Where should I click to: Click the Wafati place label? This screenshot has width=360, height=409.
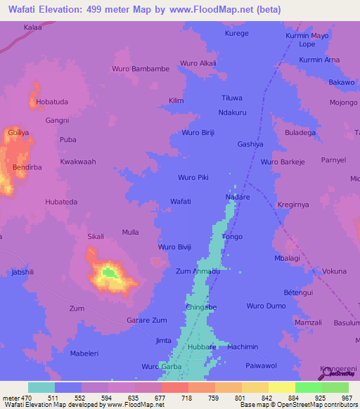(181, 202)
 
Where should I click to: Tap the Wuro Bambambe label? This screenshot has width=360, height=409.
(141, 69)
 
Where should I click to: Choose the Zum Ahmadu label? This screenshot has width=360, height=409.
(198, 271)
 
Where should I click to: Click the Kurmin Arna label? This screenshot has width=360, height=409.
(319, 60)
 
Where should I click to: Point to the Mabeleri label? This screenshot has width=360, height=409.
(88, 353)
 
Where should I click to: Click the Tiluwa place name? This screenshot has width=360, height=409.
(232, 98)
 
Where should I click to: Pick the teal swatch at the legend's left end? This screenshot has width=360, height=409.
(41, 387)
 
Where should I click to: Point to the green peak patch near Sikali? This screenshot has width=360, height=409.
(108, 271)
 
